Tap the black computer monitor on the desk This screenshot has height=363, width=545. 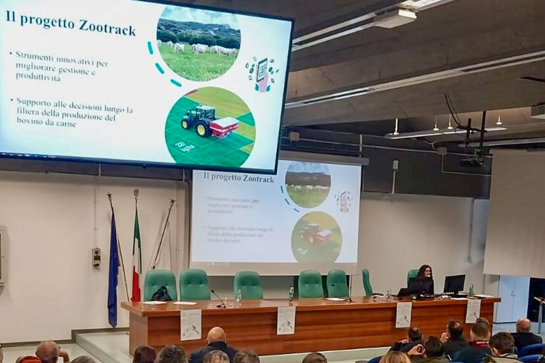[x=454, y=284]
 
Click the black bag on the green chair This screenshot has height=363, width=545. [x=161, y=294]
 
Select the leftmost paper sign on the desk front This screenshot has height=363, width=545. [x=191, y=324]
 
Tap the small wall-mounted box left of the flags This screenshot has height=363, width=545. [x=96, y=258]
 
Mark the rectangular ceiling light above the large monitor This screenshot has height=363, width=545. [x=394, y=18]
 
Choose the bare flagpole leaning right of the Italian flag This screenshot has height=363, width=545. [x=163, y=233]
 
